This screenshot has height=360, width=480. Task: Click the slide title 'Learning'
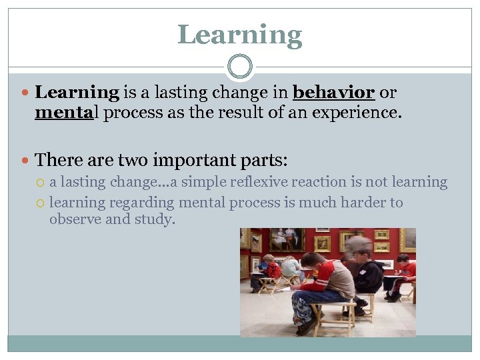click(240, 35)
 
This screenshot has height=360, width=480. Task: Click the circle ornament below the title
click(240, 67)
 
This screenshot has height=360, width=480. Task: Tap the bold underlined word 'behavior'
click(334, 93)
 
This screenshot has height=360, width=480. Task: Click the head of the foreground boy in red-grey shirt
click(313, 262)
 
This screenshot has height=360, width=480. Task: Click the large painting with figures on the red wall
click(287, 239)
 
